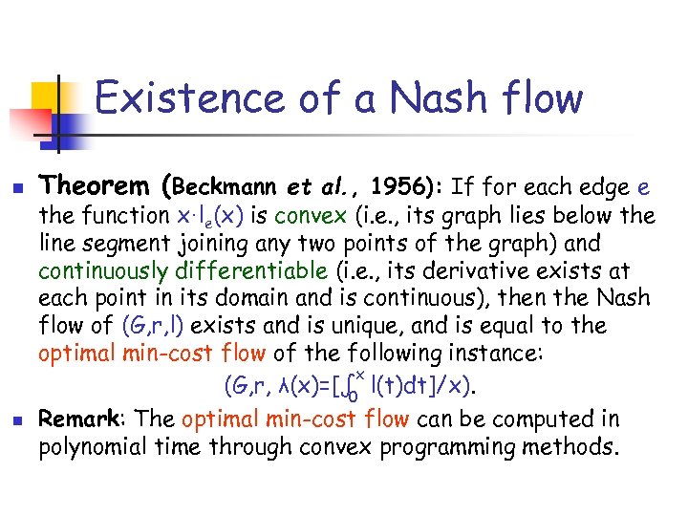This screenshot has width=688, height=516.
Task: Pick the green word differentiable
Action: (230, 270)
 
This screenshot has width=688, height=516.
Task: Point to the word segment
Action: (143, 243)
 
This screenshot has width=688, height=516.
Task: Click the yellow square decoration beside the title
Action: (46, 96)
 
